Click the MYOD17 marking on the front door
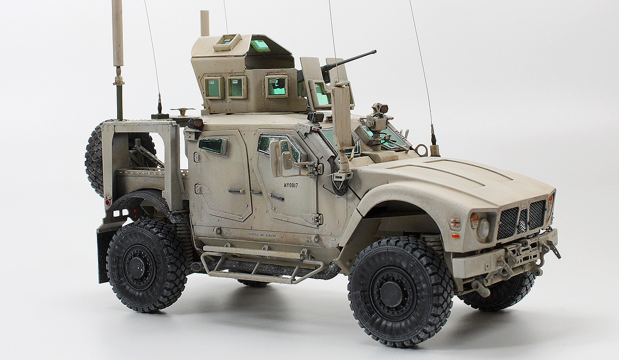pyautogui.click(x=295, y=184)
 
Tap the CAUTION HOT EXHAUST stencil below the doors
pyautogui.click(x=256, y=235)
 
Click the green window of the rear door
pyautogui.click(x=213, y=146)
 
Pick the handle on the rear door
pyautogui.click(x=235, y=191)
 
